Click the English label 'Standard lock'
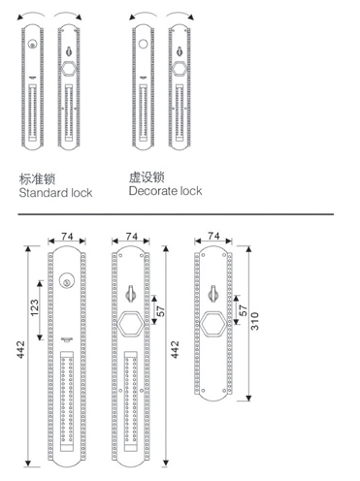pos(55,193)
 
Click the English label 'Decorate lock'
pos(165,191)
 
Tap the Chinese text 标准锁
pos(37,179)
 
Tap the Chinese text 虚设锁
pos(147,177)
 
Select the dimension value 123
pos(35,307)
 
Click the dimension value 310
pos(255,321)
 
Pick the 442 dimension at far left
pos(20,349)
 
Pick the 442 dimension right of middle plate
pos(175,349)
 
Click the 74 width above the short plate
pos(213,237)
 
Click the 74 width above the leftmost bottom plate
pos(67,237)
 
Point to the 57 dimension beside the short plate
pos(244,310)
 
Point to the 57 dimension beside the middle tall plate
pos(161,311)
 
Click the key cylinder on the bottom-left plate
pos(67,281)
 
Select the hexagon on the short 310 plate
pos(213,325)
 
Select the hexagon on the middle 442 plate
pos(130,325)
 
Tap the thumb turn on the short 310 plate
pos(213,294)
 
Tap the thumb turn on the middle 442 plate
pos(130,294)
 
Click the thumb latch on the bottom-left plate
pos(67,339)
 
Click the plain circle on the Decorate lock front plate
pos(143,44)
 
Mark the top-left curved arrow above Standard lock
pos(31,15)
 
